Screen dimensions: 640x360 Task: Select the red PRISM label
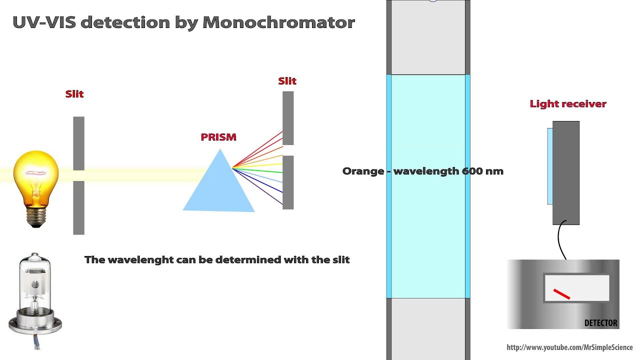point(218,137)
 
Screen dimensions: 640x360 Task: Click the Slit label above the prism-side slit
point(287,81)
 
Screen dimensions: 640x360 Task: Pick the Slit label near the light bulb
point(74,94)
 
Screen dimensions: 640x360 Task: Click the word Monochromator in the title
point(278,22)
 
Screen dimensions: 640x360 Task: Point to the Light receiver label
point(568,104)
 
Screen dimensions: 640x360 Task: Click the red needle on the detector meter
point(561,294)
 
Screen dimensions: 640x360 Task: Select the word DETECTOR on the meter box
point(600,323)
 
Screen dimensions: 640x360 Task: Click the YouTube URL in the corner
point(569,347)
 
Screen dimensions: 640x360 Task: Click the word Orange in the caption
point(363,171)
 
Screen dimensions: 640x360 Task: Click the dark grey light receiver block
point(566,172)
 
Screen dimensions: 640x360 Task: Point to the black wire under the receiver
point(560,240)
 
